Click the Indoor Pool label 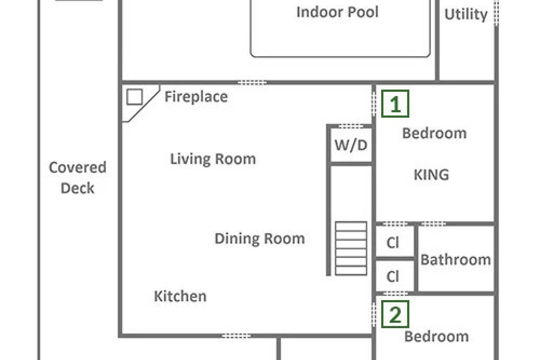[337, 12]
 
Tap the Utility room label [465, 15]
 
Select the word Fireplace [196, 97]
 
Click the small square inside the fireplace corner [134, 97]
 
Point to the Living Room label [213, 159]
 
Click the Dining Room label [260, 239]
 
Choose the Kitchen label [180, 296]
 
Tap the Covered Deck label [77, 178]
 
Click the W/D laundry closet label [351, 145]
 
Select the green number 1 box [395, 104]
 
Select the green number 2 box [395, 314]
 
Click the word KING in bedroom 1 [431, 175]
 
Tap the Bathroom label [456, 260]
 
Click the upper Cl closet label [393, 243]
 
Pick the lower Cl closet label [393, 276]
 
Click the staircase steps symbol [351, 248]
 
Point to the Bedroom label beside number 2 [436, 337]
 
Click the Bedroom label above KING [434, 133]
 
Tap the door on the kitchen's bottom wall [236, 336]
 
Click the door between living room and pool [252, 83]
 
